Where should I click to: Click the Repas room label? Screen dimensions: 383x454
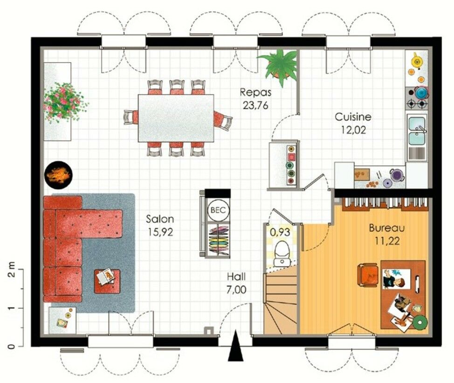[255, 92]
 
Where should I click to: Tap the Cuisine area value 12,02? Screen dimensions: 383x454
[353, 130]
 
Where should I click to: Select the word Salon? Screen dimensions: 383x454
[160, 219]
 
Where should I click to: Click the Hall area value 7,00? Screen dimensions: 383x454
[236, 289]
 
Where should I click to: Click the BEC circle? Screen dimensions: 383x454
[218, 210]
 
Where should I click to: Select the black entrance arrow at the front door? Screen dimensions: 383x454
[235, 346]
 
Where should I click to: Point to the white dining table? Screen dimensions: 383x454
[176, 118]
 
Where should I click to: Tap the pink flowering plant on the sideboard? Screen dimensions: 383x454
[64, 102]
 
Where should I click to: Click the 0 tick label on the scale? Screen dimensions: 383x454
[10, 347]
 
